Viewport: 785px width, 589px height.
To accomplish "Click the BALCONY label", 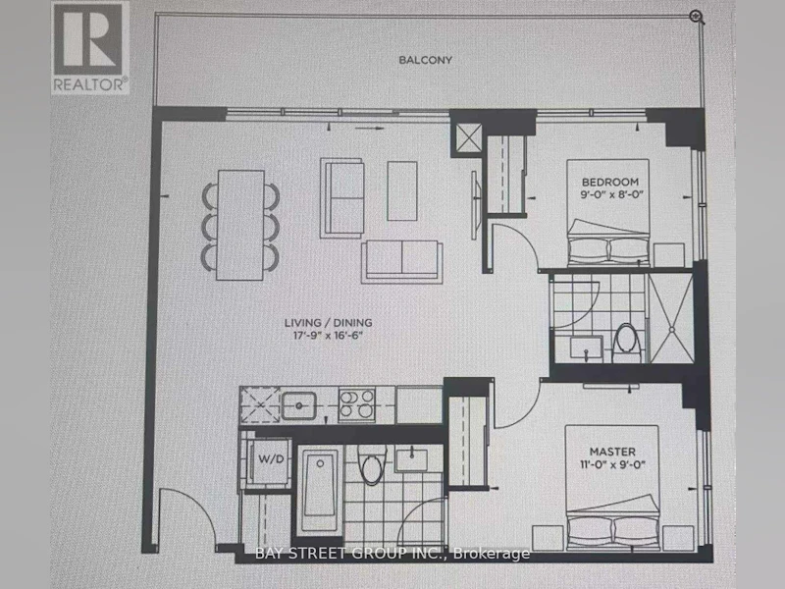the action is [425, 60].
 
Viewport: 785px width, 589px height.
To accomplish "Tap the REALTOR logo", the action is [90, 47].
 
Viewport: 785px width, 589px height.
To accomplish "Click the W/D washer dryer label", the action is [271, 458].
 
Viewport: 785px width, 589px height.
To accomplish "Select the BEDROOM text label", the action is [609, 182].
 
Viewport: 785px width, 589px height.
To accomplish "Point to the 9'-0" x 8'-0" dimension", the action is [611, 194].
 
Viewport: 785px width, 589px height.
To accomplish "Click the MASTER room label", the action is [612, 452].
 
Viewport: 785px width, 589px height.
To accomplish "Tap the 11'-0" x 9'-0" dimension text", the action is [612, 464].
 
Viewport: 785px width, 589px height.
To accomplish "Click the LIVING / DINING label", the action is [328, 323].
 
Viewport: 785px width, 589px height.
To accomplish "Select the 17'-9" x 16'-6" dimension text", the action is [328, 336].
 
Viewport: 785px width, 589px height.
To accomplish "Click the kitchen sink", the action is [298, 405].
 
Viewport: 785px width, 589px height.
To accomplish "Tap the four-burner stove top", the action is [357, 404].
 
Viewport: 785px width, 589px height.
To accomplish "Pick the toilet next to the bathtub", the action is [372, 462].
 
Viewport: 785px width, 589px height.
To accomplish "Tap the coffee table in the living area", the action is [402, 190].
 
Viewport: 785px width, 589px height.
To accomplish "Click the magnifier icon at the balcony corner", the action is [697, 17].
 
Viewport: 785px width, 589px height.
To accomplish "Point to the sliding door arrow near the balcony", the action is [370, 129].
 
